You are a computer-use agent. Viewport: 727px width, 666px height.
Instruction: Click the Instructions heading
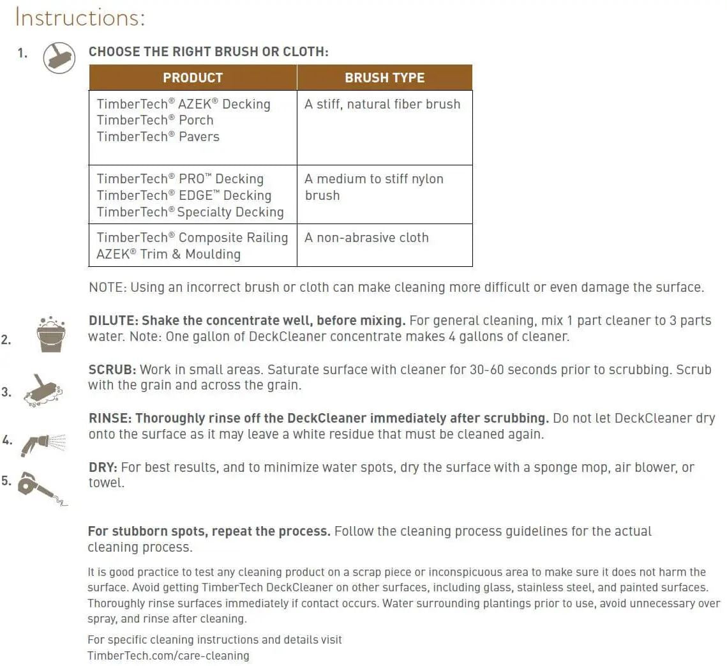pos(80,17)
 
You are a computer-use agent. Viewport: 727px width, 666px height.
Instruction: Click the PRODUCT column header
pos(193,78)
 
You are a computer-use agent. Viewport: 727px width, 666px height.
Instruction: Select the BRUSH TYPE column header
pos(384,78)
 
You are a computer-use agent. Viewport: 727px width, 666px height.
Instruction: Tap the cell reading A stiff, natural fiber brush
pos(382,104)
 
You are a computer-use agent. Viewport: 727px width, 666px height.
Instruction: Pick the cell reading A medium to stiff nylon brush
pos(373,187)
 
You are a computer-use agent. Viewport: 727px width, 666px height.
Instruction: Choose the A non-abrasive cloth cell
pos(366,238)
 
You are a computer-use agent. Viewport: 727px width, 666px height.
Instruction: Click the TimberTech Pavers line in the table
pos(158,137)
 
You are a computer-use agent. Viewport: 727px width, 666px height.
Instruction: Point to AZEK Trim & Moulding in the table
pos(169,254)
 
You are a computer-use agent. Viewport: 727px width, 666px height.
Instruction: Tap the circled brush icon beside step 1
pos(59,57)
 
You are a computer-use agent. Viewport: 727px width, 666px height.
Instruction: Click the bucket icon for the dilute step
pos(51,334)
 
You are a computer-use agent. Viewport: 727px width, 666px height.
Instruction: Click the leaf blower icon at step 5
pos(40,488)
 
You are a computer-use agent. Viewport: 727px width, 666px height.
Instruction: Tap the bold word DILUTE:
pos(113,321)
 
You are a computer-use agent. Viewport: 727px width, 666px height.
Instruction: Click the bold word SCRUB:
pos(112,370)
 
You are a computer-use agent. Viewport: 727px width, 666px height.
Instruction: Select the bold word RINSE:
pos(110,419)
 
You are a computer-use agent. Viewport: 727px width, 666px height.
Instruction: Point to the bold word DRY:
pos(103,467)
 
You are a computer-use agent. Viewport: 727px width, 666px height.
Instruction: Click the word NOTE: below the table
pos(108,287)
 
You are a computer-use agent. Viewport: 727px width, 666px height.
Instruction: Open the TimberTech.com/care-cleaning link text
pos(168,656)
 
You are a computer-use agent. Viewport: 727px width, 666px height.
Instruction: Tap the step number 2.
pos(6,340)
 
